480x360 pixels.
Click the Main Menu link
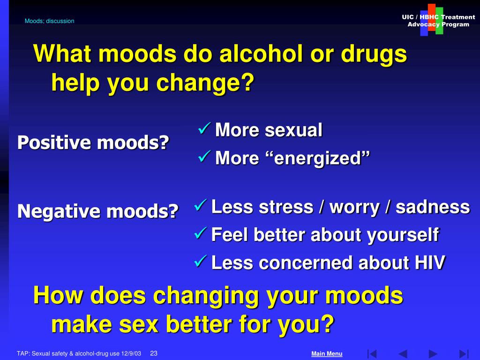coord(327,353)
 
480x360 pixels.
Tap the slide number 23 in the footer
coord(154,353)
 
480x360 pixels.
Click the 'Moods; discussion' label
coord(49,21)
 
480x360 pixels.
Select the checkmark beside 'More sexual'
coord(204,128)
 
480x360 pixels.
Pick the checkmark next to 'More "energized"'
coord(204,156)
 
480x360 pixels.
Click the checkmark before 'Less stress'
coord(201,205)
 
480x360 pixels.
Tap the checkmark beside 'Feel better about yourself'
coord(201,233)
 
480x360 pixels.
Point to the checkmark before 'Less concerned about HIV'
coord(201,261)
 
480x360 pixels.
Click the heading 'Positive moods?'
coord(93,142)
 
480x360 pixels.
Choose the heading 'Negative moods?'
coord(98,211)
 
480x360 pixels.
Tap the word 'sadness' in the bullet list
coord(433,207)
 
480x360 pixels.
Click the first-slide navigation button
coord(372,354)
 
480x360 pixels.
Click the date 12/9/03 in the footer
coord(131,353)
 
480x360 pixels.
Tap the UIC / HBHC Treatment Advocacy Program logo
coord(438,20)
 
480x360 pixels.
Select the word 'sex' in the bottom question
coord(139,324)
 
